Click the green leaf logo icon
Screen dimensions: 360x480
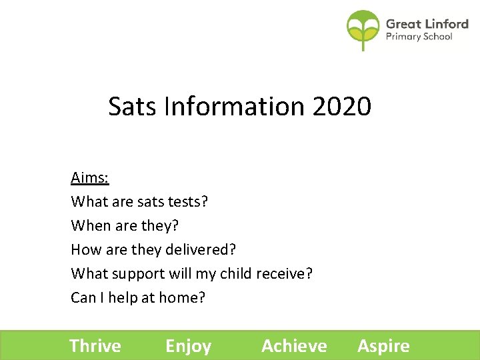coord(363,29)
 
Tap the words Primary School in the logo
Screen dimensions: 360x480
coord(419,37)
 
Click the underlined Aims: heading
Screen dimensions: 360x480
coord(90,178)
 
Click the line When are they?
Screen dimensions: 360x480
coord(125,225)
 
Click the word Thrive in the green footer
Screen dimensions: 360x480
coord(95,346)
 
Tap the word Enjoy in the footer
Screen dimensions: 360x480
coord(188,346)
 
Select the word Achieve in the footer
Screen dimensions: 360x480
coord(294,346)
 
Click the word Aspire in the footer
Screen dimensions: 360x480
coord(383,346)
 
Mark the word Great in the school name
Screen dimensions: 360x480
coord(403,24)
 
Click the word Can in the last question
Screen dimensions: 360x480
coord(83,297)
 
